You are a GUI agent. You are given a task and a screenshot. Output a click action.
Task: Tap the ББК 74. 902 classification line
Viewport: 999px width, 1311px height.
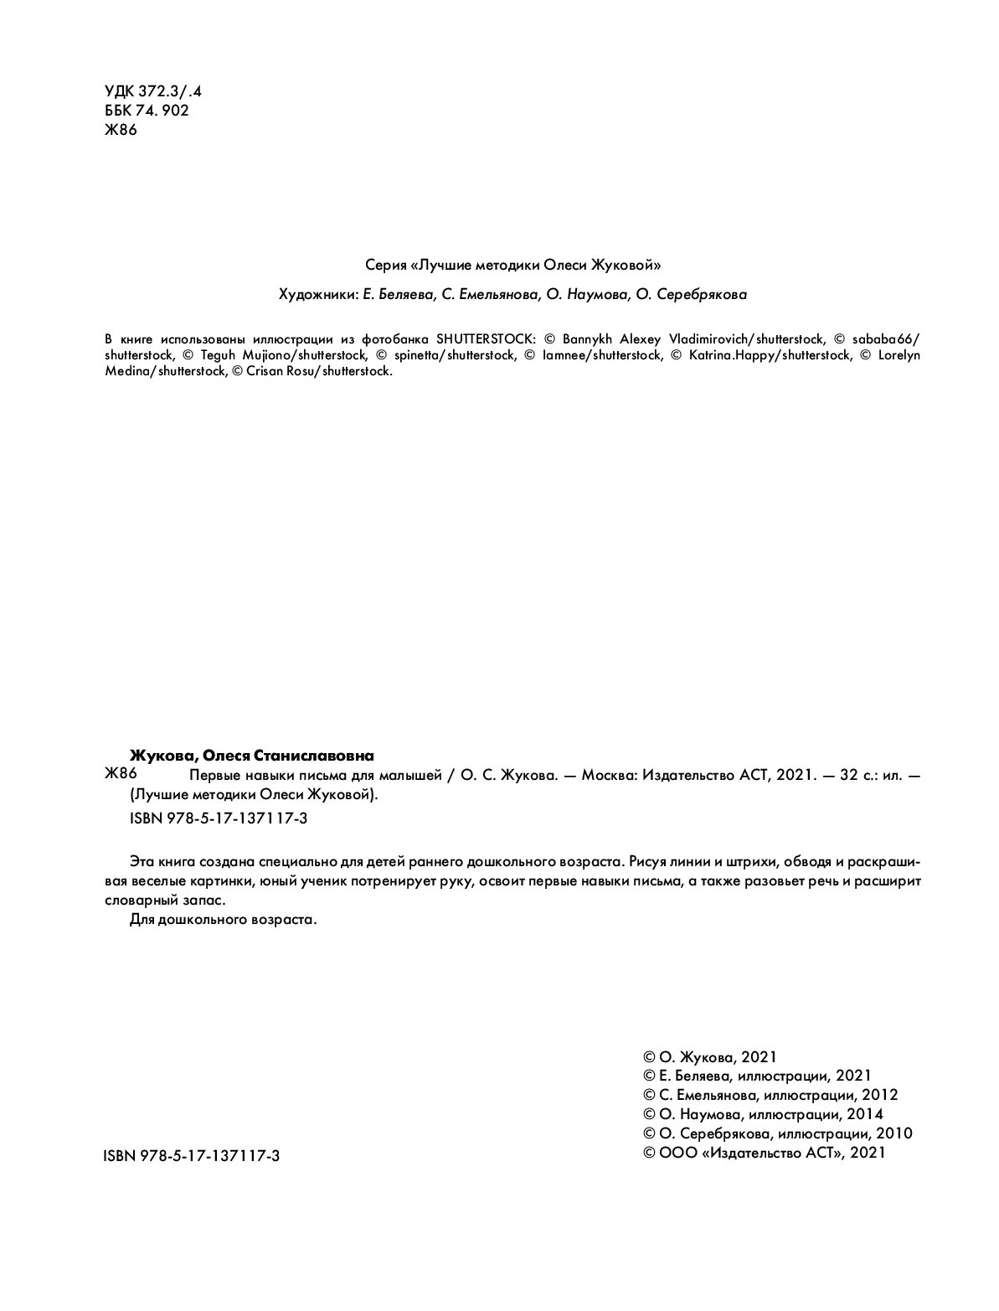point(146,111)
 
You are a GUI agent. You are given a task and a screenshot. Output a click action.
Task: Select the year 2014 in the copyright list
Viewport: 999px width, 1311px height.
point(864,1114)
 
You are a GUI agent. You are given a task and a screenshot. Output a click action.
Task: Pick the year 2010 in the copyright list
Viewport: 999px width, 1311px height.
point(893,1133)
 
